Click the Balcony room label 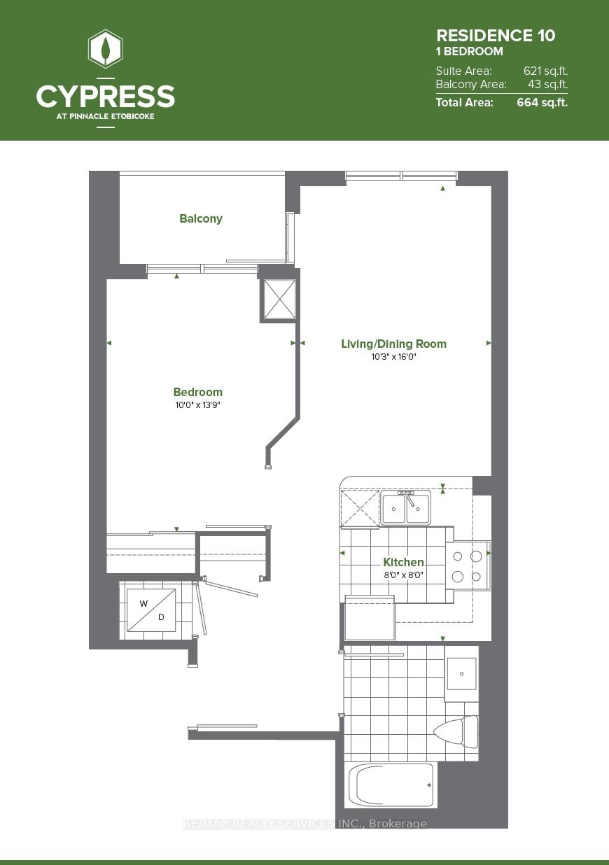[201, 219]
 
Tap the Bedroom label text [198, 392]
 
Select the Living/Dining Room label [393, 344]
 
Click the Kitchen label [403, 562]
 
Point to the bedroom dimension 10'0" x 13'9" [198, 405]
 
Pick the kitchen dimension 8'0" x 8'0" [403, 575]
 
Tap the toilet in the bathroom [456, 732]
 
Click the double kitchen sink [406, 509]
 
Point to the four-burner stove [468, 566]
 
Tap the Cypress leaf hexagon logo [106, 49]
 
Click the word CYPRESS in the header [106, 96]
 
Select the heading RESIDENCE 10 [496, 36]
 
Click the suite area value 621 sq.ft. [545, 71]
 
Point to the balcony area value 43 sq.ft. [547, 85]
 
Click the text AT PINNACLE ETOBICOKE [106, 116]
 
